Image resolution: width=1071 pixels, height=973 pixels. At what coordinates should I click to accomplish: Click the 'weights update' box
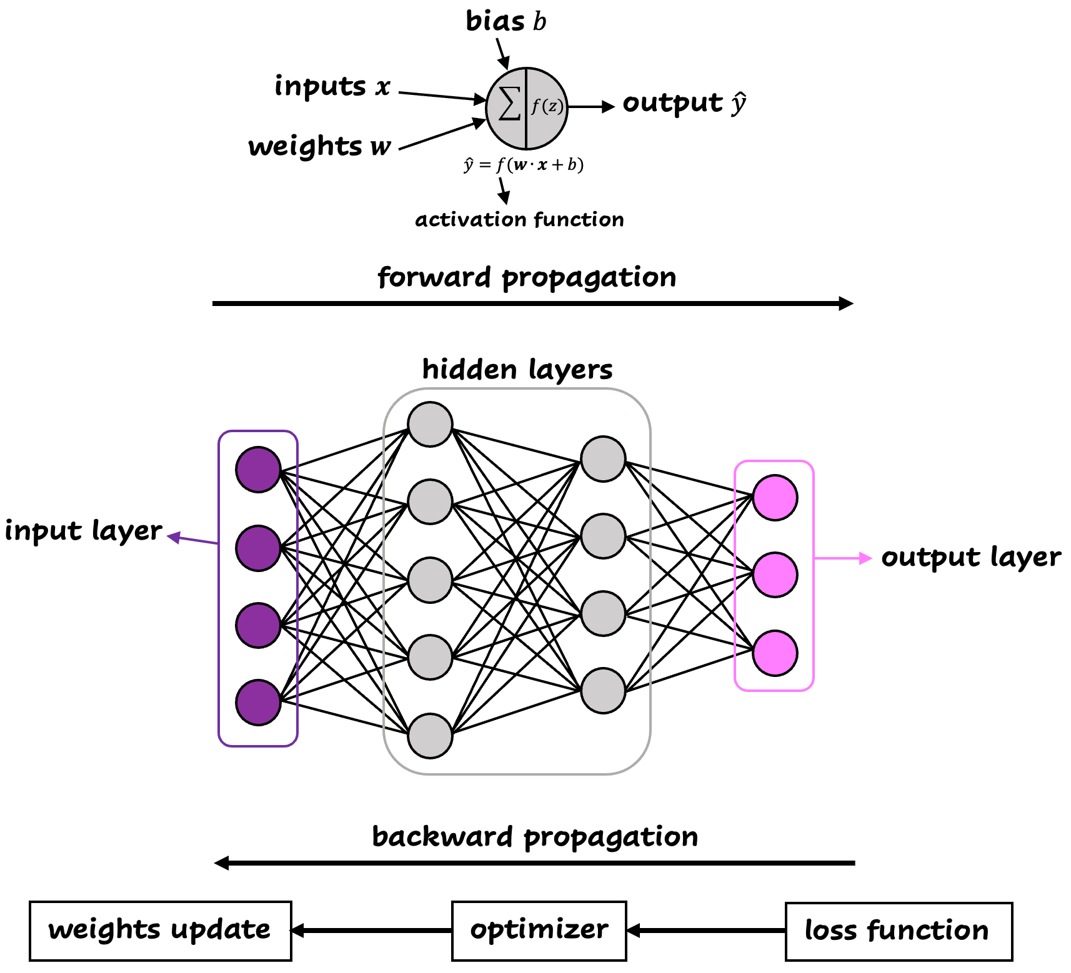[x=160, y=931]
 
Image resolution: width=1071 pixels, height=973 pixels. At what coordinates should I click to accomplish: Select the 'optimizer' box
[x=539, y=931]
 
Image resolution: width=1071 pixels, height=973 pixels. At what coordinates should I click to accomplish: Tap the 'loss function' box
[x=898, y=931]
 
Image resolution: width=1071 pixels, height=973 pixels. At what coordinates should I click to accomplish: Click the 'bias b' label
[x=506, y=21]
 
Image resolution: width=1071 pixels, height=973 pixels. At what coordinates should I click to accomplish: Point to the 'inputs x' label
[x=332, y=86]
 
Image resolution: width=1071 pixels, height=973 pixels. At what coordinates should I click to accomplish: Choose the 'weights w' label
[x=319, y=147]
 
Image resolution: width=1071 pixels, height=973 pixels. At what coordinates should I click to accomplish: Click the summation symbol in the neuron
[x=509, y=104]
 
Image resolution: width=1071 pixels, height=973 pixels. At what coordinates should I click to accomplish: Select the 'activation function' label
[x=519, y=220]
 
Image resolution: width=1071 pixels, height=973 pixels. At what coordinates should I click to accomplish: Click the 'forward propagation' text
[x=527, y=277]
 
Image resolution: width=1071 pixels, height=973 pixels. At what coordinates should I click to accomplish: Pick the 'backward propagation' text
[x=535, y=837]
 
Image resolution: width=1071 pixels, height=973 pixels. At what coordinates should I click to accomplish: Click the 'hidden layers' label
[x=517, y=369]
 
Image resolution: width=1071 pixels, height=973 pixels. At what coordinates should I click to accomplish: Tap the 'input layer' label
[x=83, y=531]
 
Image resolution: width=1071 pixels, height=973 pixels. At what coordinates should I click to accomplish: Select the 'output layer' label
[x=970, y=557]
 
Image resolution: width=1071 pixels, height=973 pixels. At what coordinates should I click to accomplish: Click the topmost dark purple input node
[x=258, y=470]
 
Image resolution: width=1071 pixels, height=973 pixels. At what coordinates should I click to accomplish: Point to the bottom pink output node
[x=775, y=653]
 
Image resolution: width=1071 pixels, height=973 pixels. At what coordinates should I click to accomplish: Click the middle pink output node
[x=775, y=575]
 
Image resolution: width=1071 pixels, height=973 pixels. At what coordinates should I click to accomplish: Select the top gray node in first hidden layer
[x=430, y=425]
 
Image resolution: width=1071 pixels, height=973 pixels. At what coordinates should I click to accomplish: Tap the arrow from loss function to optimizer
[x=706, y=931]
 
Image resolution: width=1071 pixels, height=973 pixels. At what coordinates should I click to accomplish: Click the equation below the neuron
[x=524, y=165]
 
